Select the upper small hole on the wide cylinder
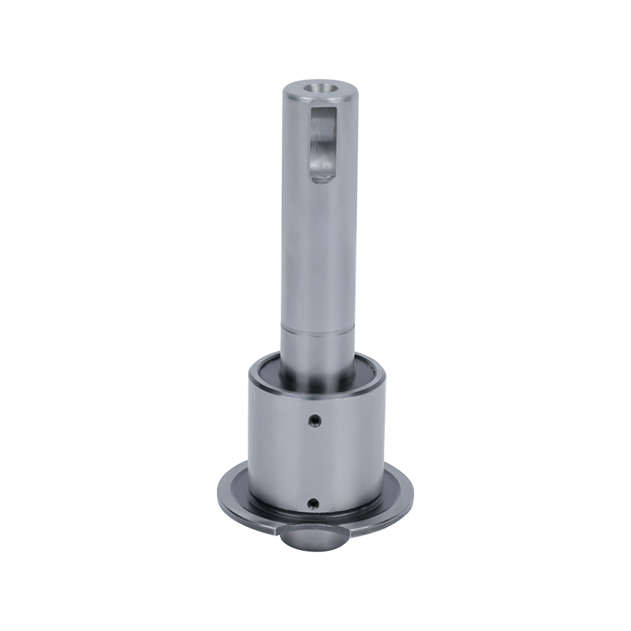pos(314,419)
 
